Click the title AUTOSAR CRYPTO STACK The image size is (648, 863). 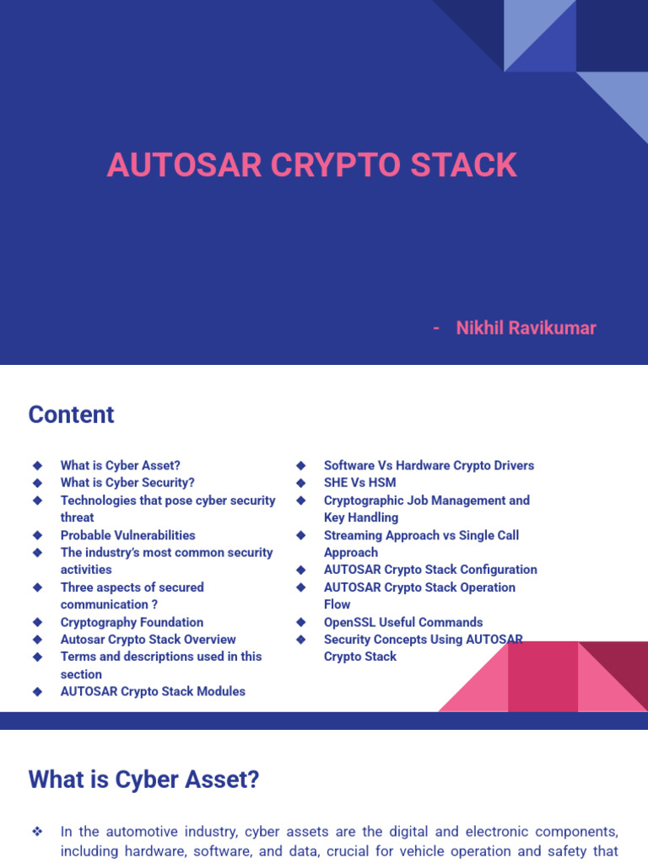311,165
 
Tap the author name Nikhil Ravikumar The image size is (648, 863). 526,328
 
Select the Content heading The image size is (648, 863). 71,415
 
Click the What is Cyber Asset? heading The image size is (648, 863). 143,780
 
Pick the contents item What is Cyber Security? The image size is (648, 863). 127,483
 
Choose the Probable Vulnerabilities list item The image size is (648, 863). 127,535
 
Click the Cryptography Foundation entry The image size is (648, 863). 132,622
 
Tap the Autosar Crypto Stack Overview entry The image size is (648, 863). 148,640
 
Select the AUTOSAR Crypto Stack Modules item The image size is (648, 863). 153,691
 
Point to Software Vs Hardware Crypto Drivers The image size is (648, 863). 429,465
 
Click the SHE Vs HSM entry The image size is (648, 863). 359,483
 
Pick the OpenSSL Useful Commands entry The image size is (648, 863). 403,622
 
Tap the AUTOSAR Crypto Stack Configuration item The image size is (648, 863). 430,570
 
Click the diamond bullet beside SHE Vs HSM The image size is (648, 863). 300,483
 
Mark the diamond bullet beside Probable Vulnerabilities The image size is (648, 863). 37,535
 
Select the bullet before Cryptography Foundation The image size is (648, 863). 37,622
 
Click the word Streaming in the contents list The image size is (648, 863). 352,535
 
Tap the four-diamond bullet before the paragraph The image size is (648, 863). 37,832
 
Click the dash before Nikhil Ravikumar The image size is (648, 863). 435,328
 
